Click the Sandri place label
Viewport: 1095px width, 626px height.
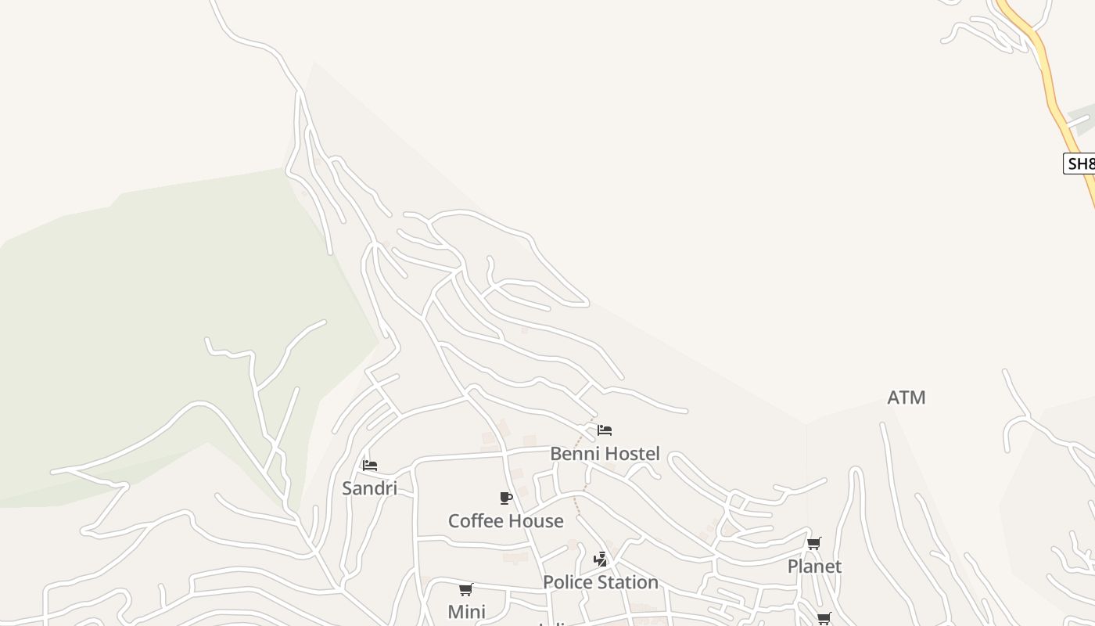click(369, 488)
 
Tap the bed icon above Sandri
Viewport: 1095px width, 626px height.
click(370, 465)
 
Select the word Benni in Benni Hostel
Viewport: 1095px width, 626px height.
click(574, 454)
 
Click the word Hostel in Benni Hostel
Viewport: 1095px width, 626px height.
click(631, 454)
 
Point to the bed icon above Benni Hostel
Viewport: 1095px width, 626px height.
click(604, 430)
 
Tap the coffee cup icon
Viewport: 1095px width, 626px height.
click(506, 498)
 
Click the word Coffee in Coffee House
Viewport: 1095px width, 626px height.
click(476, 521)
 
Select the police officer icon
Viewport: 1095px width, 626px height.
click(601, 559)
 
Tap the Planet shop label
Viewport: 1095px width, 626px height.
click(814, 567)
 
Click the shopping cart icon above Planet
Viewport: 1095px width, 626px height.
click(814, 543)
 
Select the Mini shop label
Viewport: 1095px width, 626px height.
click(466, 612)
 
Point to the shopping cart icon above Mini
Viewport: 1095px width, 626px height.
click(466, 589)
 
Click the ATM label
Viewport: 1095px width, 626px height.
click(907, 398)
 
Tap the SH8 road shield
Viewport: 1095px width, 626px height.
click(1080, 164)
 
